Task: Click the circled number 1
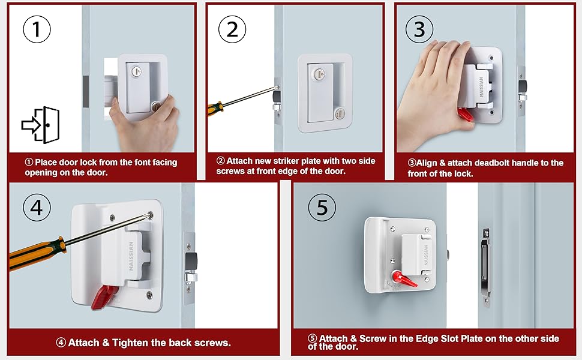point(37,29)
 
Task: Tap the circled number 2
point(232,29)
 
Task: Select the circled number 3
point(419,29)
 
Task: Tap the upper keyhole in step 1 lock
point(136,71)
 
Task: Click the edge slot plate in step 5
point(485,264)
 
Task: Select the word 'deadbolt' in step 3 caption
point(485,163)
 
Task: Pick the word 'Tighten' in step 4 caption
point(128,343)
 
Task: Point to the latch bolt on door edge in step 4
point(190,262)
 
